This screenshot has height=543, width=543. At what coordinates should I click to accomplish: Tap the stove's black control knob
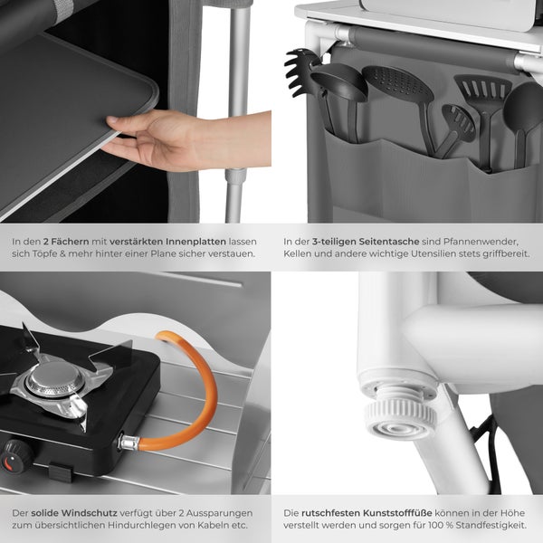click(x=15, y=456)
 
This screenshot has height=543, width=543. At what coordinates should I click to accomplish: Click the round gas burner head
click(x=55, y=379)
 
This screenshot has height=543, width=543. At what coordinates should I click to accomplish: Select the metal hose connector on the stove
click(x=129, y=443)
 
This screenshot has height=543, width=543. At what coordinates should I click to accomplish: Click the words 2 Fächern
click(x=66, y=242)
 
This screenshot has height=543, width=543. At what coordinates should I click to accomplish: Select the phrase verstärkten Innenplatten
click(x=167, y=242)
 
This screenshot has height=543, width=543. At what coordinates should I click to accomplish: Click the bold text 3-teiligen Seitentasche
click(x=366, y=242)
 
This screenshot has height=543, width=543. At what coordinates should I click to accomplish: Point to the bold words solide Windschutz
click(x=74, y=513)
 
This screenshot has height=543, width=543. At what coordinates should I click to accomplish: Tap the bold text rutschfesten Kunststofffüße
click(x=367, y=513)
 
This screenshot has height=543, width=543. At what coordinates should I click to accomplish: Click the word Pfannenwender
click(x=481, y=242)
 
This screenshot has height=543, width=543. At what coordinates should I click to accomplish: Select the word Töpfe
click(x=45, y=253)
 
